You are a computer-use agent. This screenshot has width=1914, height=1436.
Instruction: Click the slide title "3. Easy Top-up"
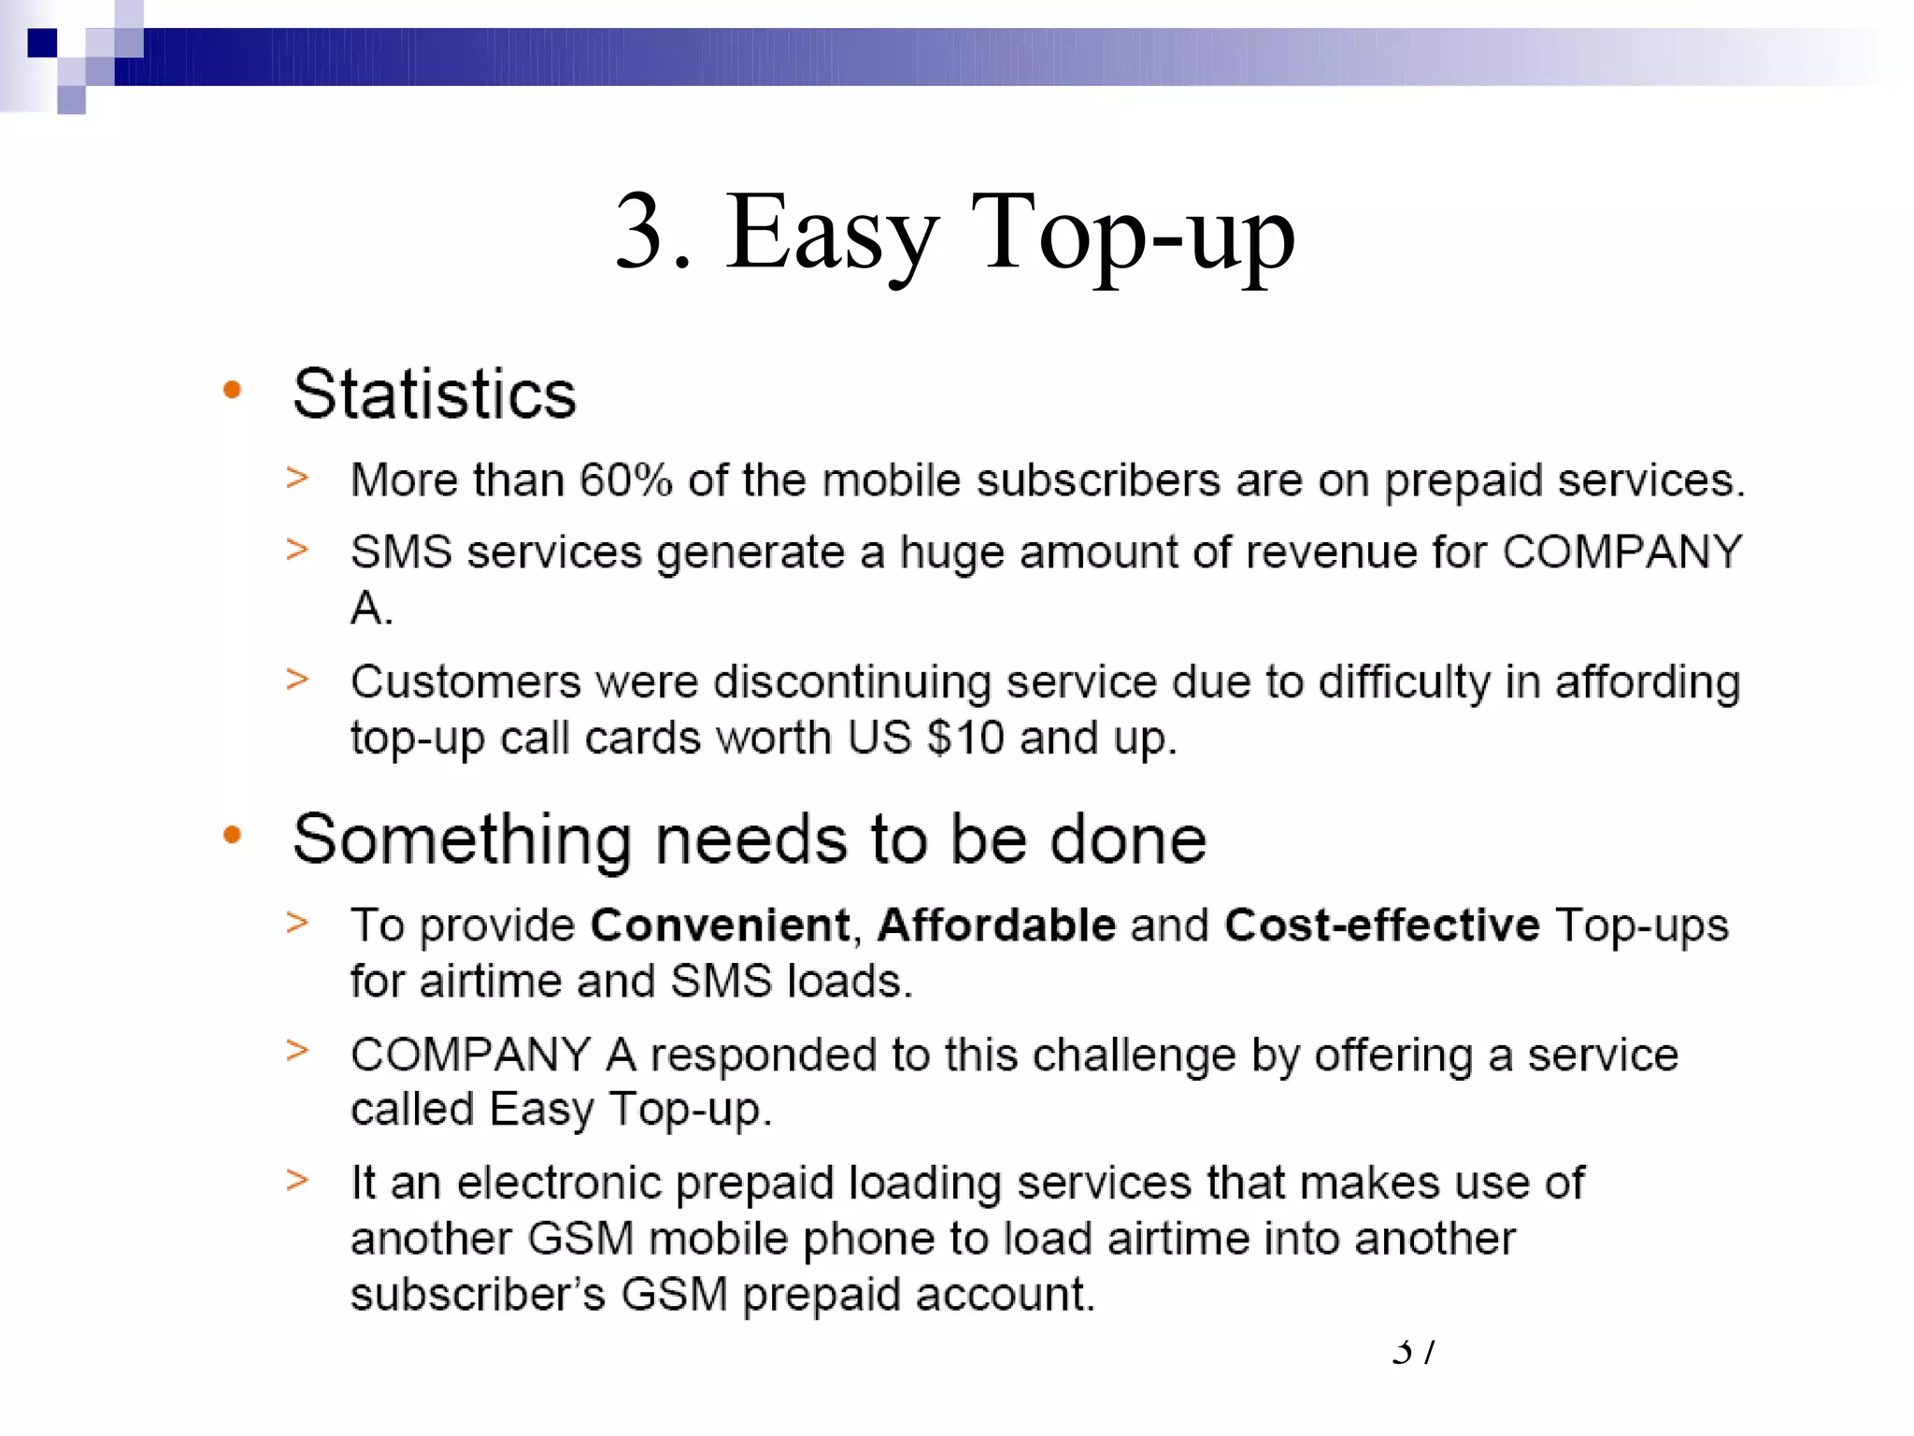tap(954, 233)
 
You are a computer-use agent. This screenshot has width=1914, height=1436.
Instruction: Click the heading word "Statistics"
tap(434, 394)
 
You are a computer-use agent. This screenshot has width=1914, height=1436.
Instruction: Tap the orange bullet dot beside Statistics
tap(233, 390)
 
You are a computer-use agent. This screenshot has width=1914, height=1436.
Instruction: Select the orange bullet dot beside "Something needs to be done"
tap(233, 835)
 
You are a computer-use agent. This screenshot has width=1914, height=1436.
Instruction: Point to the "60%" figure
tap(625, 481)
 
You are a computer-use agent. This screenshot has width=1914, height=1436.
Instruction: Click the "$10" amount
tap(964, 738)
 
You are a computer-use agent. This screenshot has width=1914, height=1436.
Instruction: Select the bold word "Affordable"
tap(996, 926)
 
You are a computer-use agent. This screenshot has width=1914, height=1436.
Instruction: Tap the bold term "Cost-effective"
tap(1381, 926)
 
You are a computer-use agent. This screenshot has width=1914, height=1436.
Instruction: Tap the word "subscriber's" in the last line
tap(478, 1295)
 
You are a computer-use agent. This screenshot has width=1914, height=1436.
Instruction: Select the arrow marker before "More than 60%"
tap(297, 478)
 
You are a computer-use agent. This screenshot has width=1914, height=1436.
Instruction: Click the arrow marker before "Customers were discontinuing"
tap(297, 680)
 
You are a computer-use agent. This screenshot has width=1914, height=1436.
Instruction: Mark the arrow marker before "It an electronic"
tap(297, 1181)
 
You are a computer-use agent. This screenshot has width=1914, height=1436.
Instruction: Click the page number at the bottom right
tap(1412, 1352)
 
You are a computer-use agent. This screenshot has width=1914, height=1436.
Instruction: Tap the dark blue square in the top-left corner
tap(42, 43)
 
